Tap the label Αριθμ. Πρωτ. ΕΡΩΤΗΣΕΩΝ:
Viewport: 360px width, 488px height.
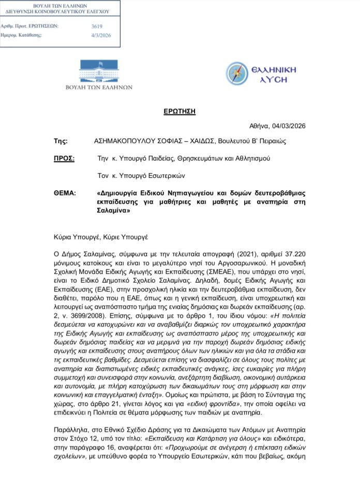[x=30, y=25]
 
